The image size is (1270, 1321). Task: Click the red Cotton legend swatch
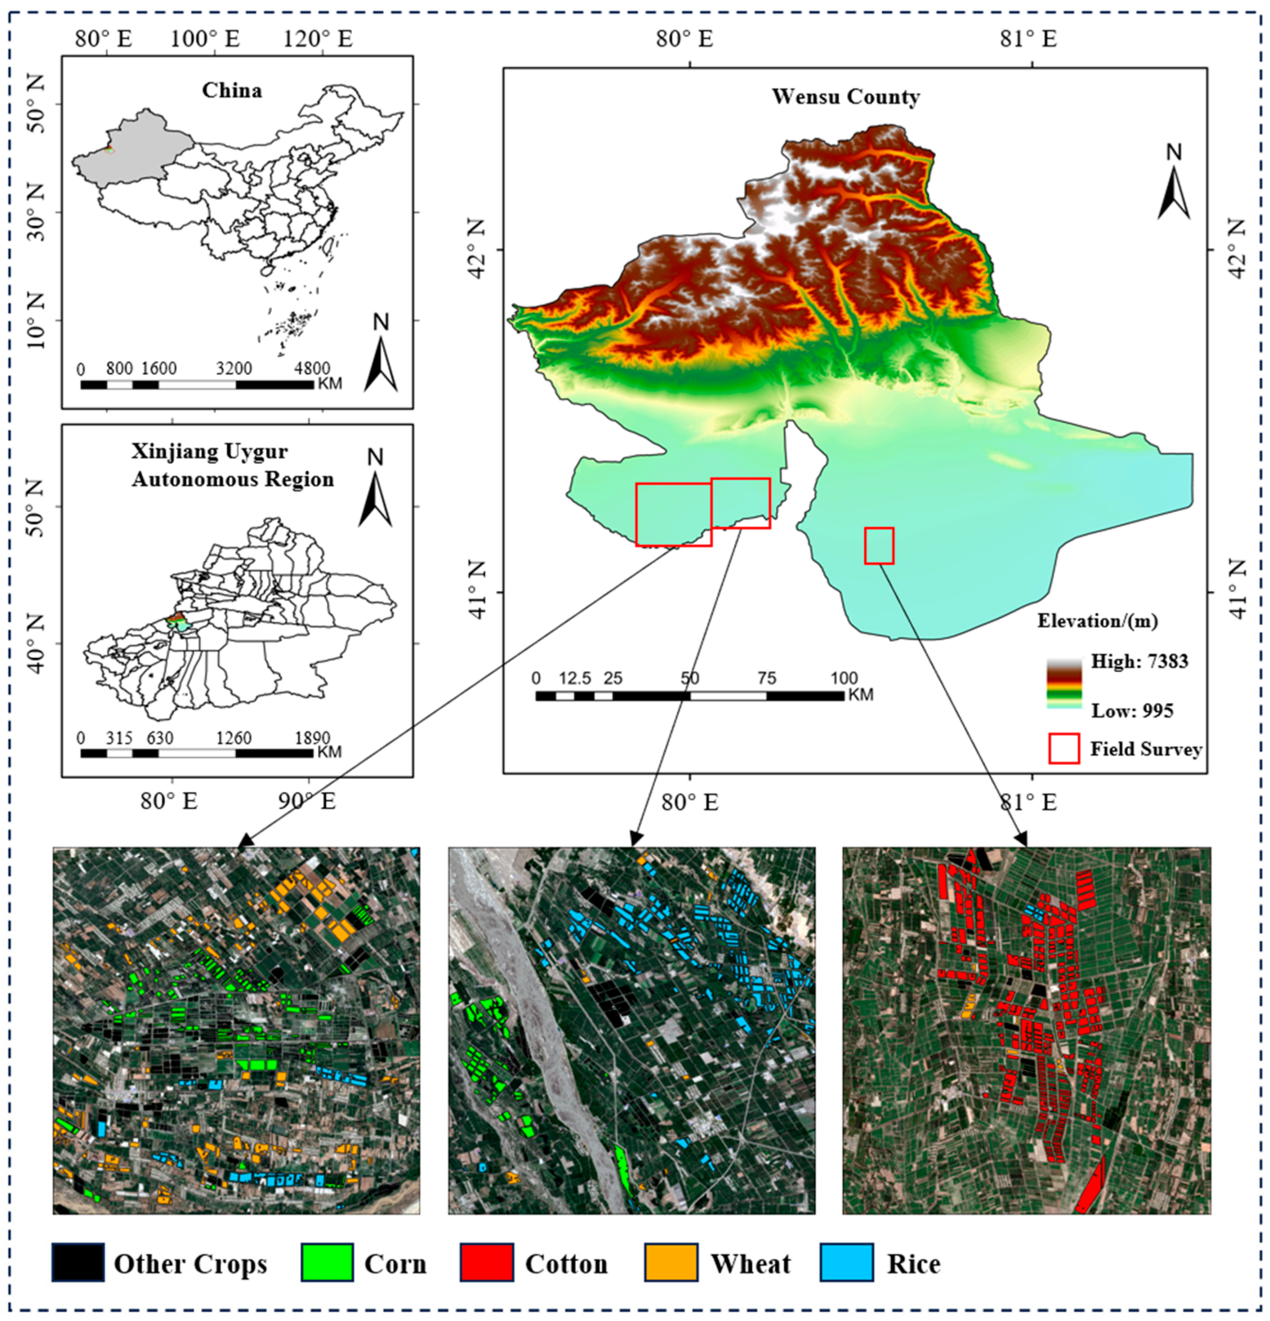[x=487, y=1262]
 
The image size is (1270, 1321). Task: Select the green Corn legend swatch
[x=327, y=1262]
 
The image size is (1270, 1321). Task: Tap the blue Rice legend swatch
[x=846, y=1262]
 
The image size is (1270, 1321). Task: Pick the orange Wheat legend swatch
[x=671, y=1262]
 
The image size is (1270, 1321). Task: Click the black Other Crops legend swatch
[x=78, y=1262]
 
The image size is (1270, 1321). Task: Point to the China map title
[x=231, y=91]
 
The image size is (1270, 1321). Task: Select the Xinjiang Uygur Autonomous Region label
[x=233, y=465]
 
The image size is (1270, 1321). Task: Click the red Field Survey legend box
[x=1064, y=749]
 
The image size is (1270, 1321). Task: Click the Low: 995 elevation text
[x=1132, y=710]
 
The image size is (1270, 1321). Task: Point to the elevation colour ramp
[x=1064, y=684]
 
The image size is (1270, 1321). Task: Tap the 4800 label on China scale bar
[x=312, y=368]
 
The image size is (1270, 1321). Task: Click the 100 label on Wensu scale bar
[x=844, y=678]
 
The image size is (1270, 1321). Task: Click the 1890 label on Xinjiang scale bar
[x=312, y=738]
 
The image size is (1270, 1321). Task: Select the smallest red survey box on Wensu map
[x=879, y=545]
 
